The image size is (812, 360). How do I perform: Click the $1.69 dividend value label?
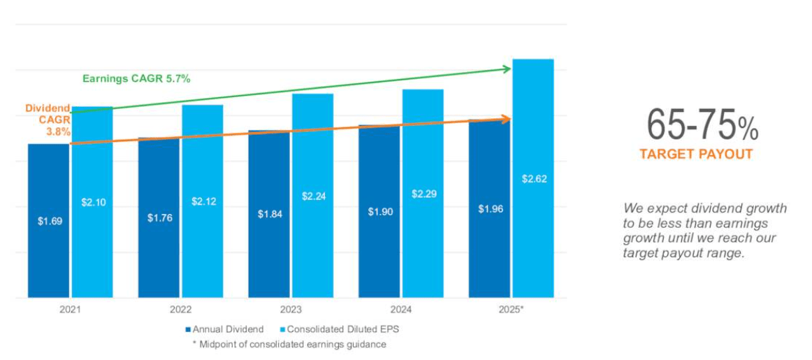pos(49,222)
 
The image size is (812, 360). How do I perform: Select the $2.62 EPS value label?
pos(534,179)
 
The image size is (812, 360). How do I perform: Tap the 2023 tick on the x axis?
pos(291,309)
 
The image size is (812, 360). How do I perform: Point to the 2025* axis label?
pos(512,309)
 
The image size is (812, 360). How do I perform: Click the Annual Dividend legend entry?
pos(224,329)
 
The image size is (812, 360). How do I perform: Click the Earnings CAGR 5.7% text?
pos(136,79)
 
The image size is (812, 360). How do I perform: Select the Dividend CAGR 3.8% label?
pos(48,120)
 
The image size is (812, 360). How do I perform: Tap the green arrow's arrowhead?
pos(507,69)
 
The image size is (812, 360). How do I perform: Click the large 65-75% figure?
pos(702,126)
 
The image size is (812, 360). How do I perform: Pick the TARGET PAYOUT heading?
pos(696,154)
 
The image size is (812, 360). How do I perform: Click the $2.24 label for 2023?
pos(313,197)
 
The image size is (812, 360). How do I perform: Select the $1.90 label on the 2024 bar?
pos(379,212)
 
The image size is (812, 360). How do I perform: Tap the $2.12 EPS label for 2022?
pos(203,202)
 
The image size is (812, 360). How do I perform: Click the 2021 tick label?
pos(71,309)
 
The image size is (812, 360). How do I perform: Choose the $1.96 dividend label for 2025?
pos(490,209)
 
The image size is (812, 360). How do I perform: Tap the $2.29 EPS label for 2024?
pos(423,194)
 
